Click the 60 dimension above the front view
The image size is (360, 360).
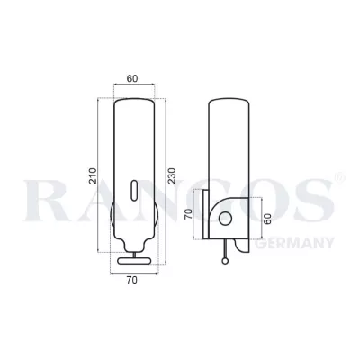click(132, 78)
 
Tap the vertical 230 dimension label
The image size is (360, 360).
click(172, 172)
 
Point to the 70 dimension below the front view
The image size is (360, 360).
click(132, 279)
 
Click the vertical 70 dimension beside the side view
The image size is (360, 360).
click(189, 217)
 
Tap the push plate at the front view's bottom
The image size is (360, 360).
click(132, 261)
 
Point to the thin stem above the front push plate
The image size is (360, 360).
click(132, 252)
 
